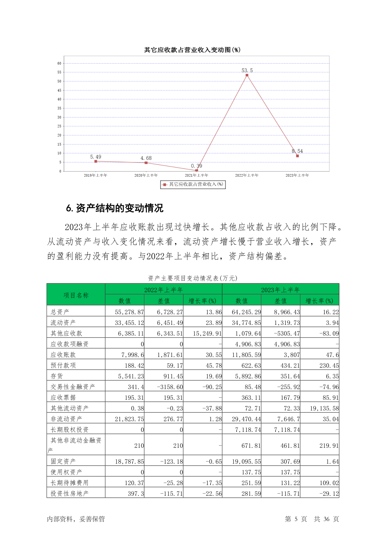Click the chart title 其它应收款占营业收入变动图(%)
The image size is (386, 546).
[192, 50]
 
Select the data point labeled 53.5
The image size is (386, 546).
[247, 75]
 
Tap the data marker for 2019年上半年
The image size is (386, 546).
[96, 161]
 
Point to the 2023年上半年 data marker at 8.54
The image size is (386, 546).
[298, 156]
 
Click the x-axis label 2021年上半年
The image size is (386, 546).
[196, 175]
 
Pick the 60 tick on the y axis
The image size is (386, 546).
[59, 64]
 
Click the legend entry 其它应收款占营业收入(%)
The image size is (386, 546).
[193, 184]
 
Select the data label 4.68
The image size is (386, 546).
[146, 158]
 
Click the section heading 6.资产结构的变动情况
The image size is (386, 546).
[115, 208]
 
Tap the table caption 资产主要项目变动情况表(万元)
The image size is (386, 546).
[193, 278]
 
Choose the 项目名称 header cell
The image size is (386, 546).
[76, 295]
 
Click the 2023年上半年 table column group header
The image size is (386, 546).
[280, 290]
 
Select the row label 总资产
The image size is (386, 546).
[60, 312]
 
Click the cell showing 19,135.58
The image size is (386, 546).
[324, 408]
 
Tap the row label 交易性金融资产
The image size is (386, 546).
[73, 387]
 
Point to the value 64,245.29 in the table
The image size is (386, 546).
[246, 312]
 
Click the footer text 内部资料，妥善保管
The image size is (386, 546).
[76, 519]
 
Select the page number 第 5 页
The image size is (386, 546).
[296, 519]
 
